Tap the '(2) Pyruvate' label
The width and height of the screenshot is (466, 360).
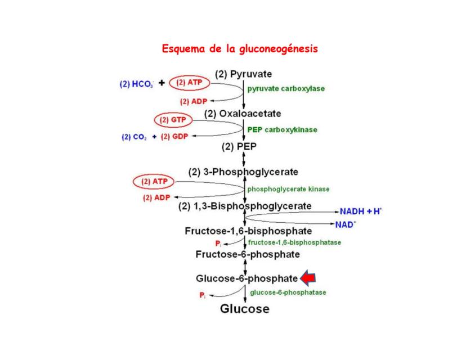244,74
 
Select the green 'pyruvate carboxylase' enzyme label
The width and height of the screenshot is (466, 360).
286,88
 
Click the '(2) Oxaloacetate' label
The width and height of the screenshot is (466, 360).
243,114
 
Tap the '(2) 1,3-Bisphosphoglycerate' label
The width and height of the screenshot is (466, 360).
244,206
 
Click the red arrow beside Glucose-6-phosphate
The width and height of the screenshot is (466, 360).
308,278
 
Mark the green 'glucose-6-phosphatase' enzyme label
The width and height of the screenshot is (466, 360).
288,292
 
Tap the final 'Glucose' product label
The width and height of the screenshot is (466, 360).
244,308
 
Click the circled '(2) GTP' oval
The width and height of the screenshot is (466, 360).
173,120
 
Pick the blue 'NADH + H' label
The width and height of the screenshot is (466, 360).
361,211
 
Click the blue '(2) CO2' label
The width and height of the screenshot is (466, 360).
135,137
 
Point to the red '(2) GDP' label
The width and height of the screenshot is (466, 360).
174,137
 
